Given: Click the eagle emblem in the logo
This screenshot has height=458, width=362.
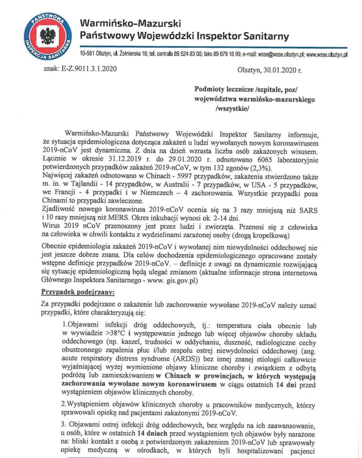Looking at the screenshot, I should click(46, 35).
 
